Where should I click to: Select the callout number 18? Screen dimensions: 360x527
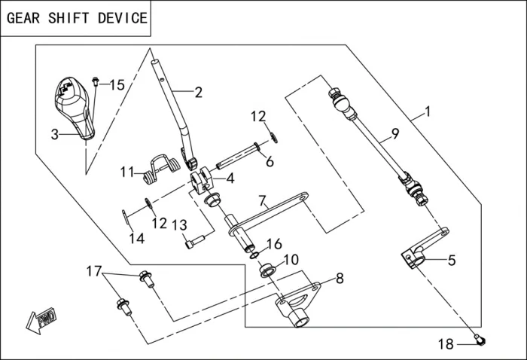pyautogui.click(x=446, y=344)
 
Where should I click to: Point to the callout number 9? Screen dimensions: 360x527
pyautogui.click(x=394, y=136)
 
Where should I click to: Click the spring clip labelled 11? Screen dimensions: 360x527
pyautogui.click(x=159, y=167)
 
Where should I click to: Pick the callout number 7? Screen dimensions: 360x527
pyautogui.click(x=263, y=201)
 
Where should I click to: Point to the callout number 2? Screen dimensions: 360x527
pyautogui.click(x=198, y=93)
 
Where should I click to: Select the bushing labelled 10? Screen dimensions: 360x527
pyautogui.click(x=267, y=268)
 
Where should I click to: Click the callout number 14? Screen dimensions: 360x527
pyautogui.click(x=136, y=239)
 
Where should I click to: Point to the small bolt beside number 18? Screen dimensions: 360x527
pyautogui.click(x=480, y=341)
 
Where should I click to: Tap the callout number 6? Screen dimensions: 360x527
pyautogui.click(x=269, y=161)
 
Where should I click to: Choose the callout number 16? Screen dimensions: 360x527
pyautogui.click(x=274, y=244)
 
